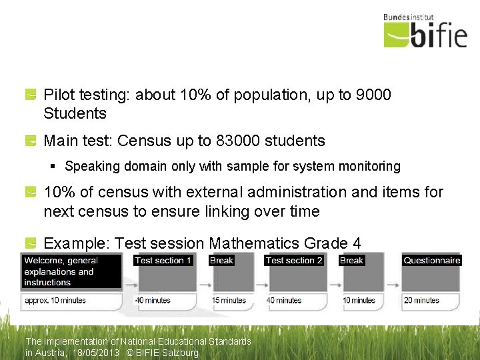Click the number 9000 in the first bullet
[374, 95]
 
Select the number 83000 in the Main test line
[238, 141]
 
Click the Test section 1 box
[163, 260]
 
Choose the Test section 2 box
[294, 260]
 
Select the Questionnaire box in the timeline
[431, 260]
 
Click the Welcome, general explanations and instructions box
[71, 271]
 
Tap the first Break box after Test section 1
[221, 260]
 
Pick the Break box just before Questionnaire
[351, 260]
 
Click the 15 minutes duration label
[229, 301]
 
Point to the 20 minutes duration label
[421, 301]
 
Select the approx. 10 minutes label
[55, 301]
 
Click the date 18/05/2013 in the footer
[97, 353]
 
